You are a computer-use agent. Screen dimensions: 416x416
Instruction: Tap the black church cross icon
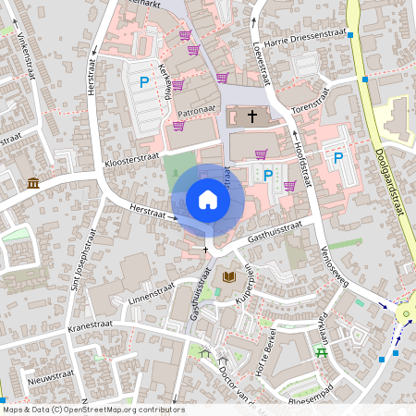(x=251, y=116)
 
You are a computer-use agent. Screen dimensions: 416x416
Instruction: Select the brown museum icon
(x=33, y=183)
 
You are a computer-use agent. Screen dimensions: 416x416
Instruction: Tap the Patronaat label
(x=196, y=110)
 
